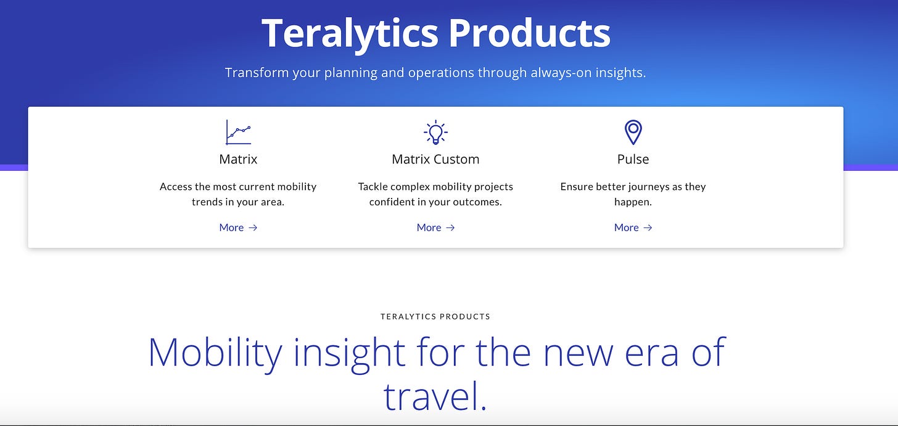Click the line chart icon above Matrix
[238, 133]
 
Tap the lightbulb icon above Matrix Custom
[435, 133]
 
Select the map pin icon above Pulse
[633, 133]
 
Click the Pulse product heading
[633, 159]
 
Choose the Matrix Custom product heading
[435, 159]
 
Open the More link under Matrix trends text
[238, 227]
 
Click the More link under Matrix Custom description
[435, 227]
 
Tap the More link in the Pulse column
[633, 227]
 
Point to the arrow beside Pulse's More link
[648, 227]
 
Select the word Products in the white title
[530, 33]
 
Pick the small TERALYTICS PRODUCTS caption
[435, 317]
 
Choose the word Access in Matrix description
[176, 186]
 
